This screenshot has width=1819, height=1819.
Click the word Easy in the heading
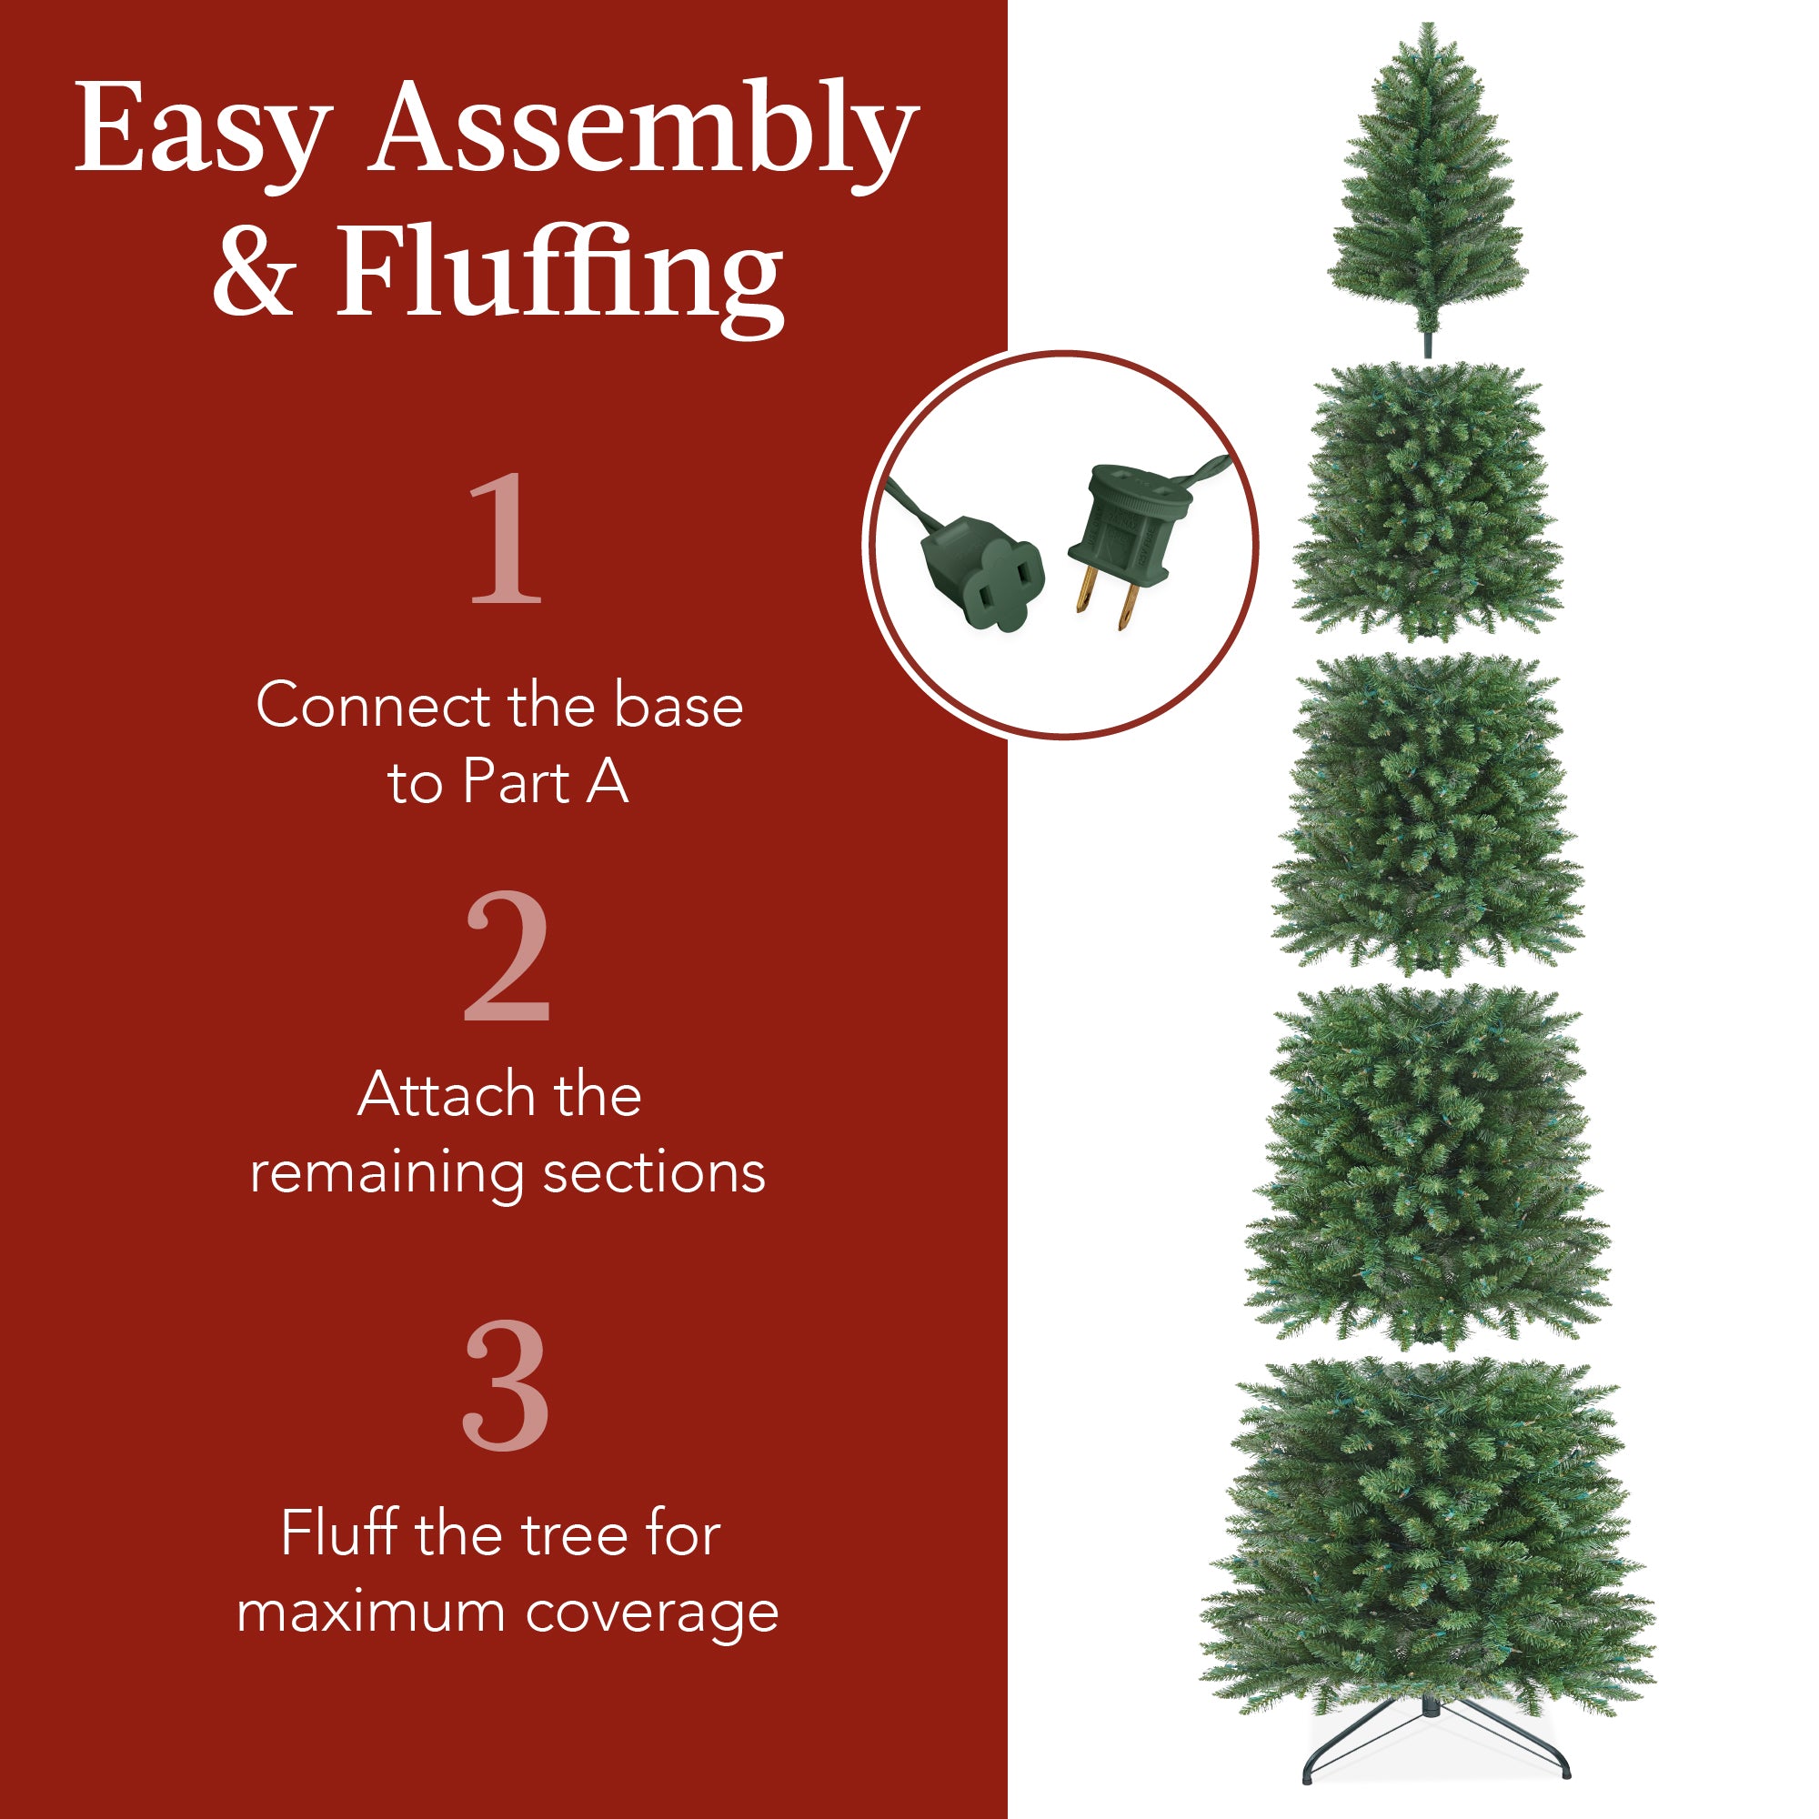coord(202,129)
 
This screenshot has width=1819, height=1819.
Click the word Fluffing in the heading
coord(559,275)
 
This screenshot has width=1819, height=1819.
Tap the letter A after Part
coord(608,782)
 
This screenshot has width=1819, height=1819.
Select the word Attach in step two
coord(443,1095)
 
